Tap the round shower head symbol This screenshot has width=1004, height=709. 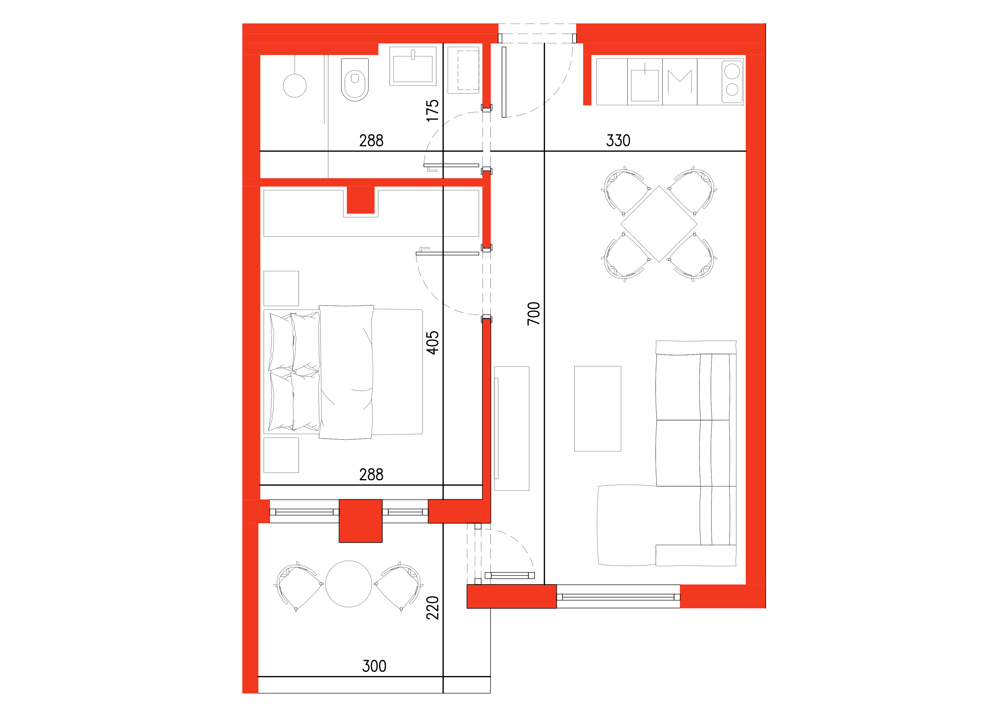click(295, 85)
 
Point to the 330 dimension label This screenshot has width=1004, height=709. click(618, 141)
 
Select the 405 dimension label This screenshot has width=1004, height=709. click(432, 343)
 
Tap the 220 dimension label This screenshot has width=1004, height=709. click(432, 608)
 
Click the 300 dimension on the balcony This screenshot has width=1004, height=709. click(374, 666)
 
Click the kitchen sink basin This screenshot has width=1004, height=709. click(644, 85)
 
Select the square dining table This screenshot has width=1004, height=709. click(659, 224)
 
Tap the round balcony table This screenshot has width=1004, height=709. click(349, 584)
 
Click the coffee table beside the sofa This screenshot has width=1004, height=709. click(597, 408)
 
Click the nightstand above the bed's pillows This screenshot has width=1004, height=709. click(281, 288)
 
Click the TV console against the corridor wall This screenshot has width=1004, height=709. click(512, 428)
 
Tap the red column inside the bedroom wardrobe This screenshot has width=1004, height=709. click(360, 200)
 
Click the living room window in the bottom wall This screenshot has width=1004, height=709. click(618, 597)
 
